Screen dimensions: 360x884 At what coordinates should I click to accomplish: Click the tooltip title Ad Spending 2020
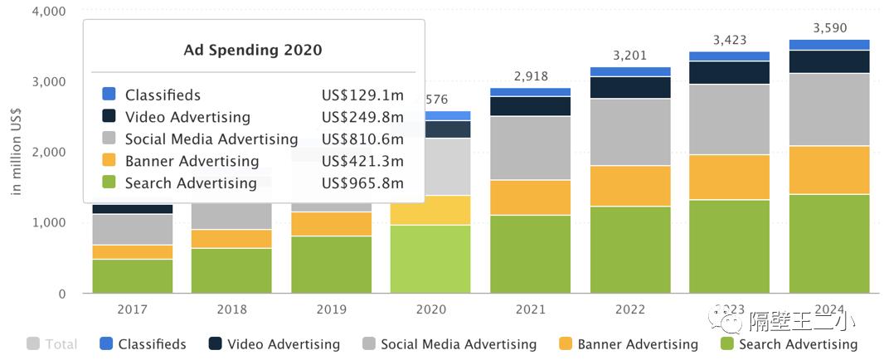pos(252,50)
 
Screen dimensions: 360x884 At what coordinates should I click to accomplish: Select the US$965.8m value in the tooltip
pos(362,183)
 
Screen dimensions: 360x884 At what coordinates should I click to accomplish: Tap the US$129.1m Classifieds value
pos(362,95)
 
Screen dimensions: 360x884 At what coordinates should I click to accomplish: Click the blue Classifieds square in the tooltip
pos(109,95)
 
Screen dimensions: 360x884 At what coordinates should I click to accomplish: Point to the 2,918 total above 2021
pos(531,76)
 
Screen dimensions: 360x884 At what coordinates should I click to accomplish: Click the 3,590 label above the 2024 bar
pos(829,28)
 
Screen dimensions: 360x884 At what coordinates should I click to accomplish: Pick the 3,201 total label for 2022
pos(630,56)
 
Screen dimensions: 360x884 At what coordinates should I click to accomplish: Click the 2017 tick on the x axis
pos(133,309)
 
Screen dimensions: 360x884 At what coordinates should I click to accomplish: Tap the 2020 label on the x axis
pos(431,309)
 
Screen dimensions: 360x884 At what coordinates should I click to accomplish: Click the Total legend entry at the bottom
pos(53,344)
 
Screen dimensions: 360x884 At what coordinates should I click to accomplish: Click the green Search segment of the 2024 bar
pos(829,244)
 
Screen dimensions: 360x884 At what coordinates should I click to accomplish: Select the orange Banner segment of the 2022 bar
pos(630,186)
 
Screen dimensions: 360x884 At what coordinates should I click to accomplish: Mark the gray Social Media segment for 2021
pos(531,148)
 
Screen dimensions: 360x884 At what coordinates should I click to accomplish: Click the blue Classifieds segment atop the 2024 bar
pos(829,45)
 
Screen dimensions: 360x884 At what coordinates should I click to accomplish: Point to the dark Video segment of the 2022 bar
pos(630,87)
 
